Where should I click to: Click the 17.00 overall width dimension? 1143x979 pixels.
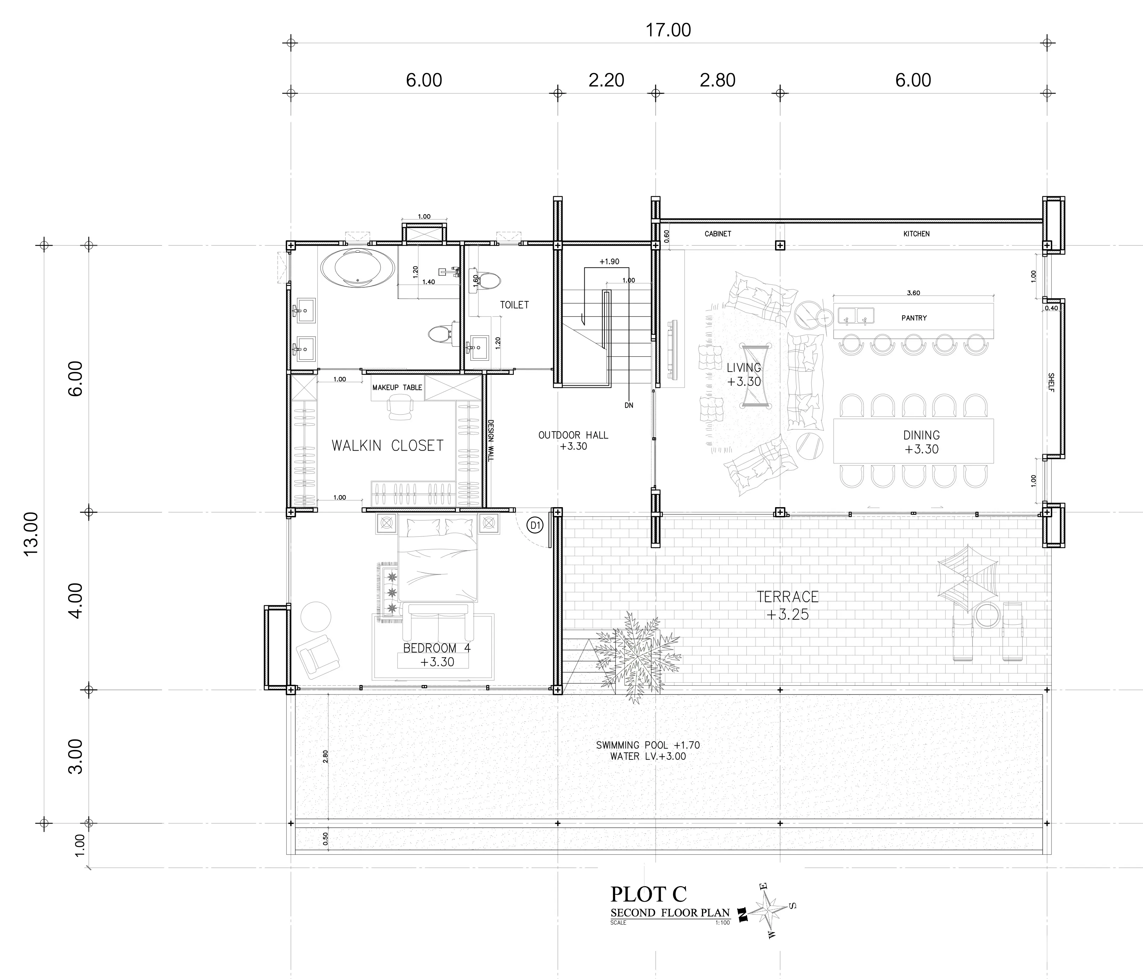(668, 30)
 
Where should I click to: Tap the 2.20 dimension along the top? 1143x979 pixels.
(606, 80)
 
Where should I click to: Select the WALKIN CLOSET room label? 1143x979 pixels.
(387, 445)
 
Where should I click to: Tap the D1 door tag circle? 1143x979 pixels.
(535, 526)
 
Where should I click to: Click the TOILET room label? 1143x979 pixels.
(514, 305)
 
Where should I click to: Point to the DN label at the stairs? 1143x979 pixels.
(629, 405)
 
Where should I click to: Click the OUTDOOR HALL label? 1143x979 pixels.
(573, 435)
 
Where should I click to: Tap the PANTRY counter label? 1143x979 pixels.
(914, 318)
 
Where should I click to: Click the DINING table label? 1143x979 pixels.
(921, 435)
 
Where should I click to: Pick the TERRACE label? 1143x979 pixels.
(788, 596)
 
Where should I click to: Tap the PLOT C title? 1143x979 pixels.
(648, 894)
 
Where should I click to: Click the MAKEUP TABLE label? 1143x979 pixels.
(397, 388)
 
